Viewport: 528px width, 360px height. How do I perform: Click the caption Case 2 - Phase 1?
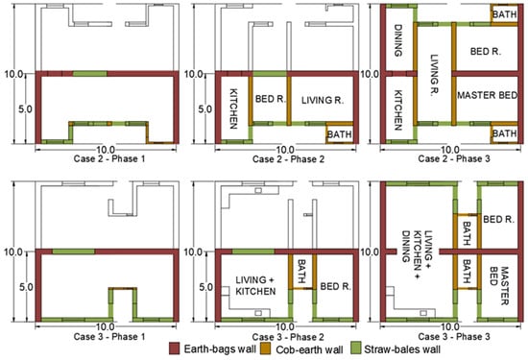tap(109, 159)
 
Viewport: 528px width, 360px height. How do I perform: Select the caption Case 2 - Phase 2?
tap(288, 159)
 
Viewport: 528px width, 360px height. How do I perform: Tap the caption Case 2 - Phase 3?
tap(454, 158)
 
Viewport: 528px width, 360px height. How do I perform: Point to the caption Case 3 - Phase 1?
tap(109, 336)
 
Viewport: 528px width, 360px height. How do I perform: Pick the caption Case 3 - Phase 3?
tap(454, 336)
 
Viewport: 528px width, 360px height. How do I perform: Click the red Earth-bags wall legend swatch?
tap(175, 348)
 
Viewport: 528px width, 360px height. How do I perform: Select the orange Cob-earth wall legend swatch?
tap(267, 348)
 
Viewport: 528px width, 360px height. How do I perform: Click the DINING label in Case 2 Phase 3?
tap(397, 40)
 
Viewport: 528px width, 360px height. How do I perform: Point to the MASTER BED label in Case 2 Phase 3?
tap(487, 95)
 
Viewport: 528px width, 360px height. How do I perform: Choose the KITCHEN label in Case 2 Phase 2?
tap(232, 108)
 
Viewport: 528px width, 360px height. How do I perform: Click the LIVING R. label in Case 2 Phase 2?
tap(323, 100)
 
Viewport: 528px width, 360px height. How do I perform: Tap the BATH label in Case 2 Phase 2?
tap(340, 134)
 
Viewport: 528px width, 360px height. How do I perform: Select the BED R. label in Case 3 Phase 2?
tap(335, 287)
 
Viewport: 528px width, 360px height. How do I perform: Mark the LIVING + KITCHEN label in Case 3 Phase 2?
tap(255, 285)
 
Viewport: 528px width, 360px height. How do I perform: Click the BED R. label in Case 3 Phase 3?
tap(498, 220)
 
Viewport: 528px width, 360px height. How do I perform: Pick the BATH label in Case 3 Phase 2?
tap(301, 271)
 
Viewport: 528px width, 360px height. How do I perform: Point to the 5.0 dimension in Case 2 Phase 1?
tap(25, 109)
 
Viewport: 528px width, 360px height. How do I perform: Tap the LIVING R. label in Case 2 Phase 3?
tap(434, 76)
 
